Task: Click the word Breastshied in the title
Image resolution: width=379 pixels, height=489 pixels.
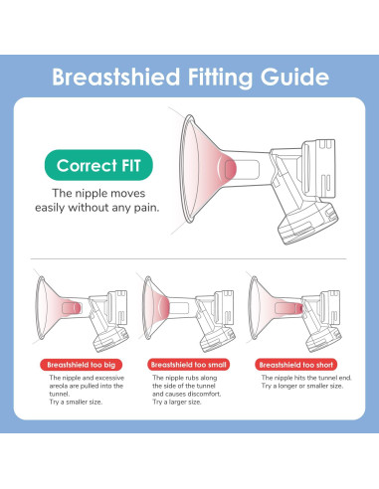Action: pos(116,77)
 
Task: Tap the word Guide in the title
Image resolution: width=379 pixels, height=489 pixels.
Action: pos(294,77)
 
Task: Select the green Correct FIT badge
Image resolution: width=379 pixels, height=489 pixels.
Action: pos(98,165)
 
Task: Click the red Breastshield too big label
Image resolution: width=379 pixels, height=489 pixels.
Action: pos(82,365)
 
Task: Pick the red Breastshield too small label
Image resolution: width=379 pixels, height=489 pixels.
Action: pos(189,365)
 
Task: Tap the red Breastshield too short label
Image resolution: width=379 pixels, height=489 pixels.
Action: pos(296,365)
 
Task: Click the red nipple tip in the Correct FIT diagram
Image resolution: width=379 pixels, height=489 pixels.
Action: pos(231,169)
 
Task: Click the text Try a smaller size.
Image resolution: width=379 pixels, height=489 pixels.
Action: pos(76,402)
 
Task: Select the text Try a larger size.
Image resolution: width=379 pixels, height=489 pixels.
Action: pos(177,402)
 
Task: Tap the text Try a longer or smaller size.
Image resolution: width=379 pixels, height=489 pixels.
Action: pos(302,386)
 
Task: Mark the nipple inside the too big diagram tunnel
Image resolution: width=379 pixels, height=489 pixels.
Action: pos(72,307)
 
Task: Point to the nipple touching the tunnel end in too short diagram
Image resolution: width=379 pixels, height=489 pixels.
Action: pos(300,308)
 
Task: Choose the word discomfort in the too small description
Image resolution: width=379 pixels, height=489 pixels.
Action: pos(205,394)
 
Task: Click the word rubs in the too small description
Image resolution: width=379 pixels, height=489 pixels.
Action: pos(190,378)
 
